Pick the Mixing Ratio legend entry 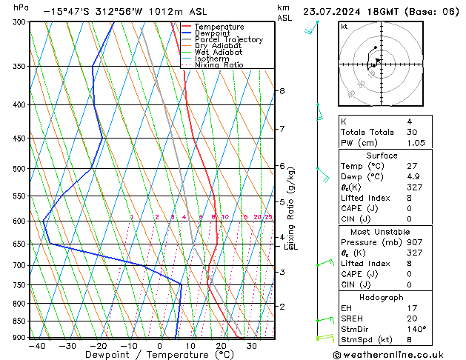pyautogui.click(x=219, y=65)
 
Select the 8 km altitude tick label pyautogui.click(x=282, y=91)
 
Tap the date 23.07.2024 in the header pyautogui.click(x=337, y=12)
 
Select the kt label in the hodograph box pyautogui.click(x=344, y=26)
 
